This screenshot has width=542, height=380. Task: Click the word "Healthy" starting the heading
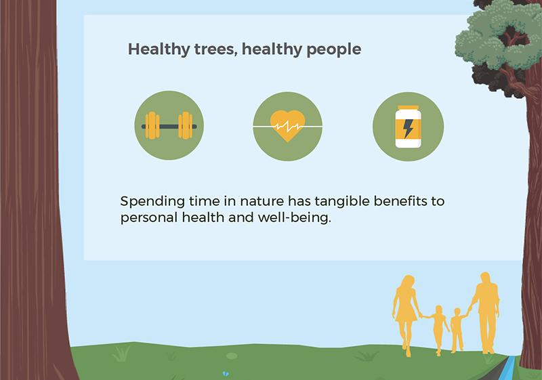[159, 49]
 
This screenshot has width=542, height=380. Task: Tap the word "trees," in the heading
[215, 49]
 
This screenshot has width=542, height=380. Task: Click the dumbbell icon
[169, 125]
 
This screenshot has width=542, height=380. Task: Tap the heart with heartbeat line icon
[287, 126]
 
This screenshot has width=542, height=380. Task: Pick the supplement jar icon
[409, 127]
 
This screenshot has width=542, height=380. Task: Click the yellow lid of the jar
[409, 108]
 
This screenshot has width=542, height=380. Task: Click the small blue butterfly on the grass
[226, 373]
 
